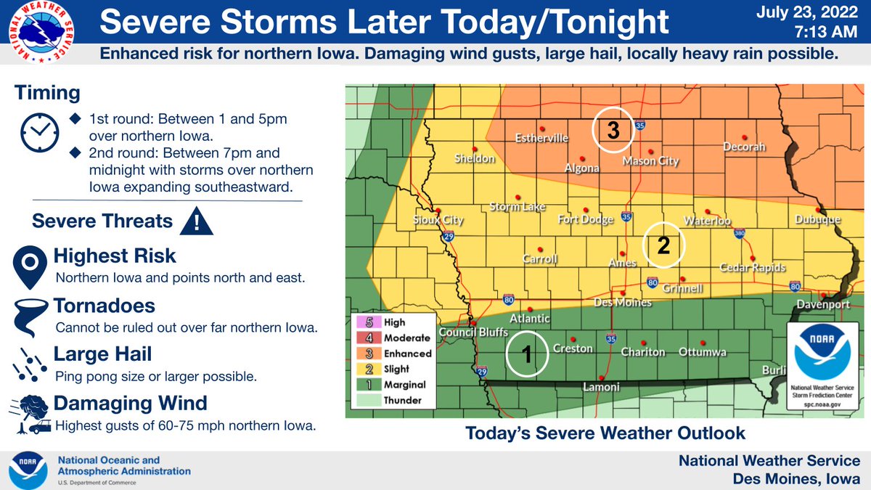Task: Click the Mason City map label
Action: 651,163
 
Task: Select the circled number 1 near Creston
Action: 528,354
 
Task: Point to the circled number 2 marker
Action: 663,245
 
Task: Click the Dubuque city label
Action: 817,219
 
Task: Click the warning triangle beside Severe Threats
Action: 195,221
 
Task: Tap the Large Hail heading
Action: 102,354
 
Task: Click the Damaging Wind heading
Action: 131,403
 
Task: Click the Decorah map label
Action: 744,147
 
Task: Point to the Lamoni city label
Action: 602,388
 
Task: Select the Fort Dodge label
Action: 585,219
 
